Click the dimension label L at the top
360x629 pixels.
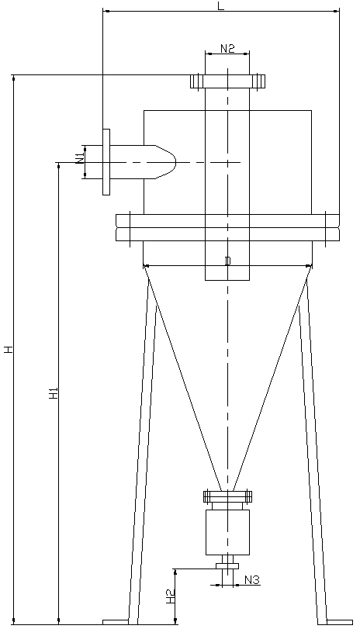point(221,5)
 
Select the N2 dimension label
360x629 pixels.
point(227,48)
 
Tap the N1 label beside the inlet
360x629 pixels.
point(79,158)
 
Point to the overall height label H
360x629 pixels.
point(9,349)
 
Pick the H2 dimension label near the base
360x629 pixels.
point(171,596)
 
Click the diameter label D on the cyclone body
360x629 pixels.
point(227,261)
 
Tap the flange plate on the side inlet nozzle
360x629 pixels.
point(106,162)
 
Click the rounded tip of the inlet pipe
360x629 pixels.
point(169,162)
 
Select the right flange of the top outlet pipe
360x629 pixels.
point(258,80)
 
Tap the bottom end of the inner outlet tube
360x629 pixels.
point(227,278)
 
